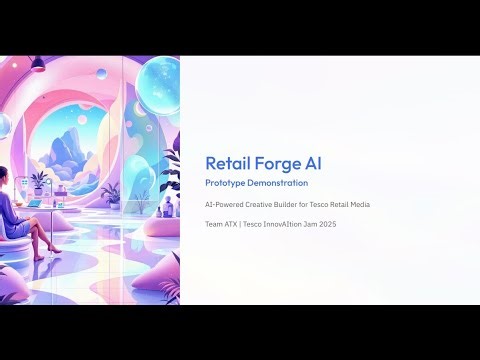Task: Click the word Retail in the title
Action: (227, 163)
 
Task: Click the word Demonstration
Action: (281, 184)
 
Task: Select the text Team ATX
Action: (222, 223)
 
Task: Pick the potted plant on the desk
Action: (40, 182)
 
